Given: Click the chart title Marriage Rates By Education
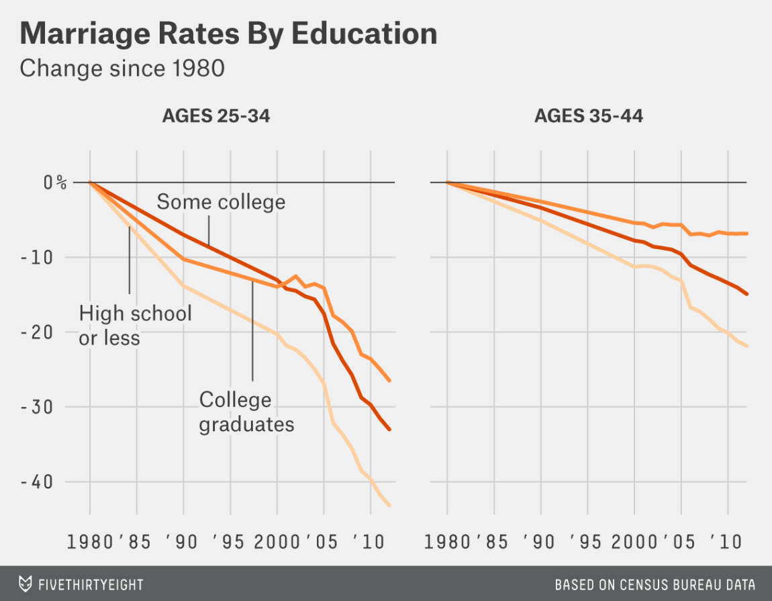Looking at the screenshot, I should (x=228, y=33).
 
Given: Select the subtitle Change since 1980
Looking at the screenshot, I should (x=122, y=68).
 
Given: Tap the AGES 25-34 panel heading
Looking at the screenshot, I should (x=215, y=116).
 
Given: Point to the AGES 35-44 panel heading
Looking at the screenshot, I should (x=588, y=116).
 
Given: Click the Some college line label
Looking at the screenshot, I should (x=221, y=202).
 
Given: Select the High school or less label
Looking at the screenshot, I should (x=135, y=325).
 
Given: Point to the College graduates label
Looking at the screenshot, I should (x=246, y=412).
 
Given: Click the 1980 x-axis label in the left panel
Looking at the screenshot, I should (x=90, y=541).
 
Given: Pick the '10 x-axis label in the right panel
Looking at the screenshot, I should (x=725, y=541).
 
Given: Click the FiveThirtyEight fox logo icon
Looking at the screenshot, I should (x=26, y=584).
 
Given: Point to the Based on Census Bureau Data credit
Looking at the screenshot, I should (x=655, y=584).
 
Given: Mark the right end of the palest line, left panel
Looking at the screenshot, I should (x=390, y=506).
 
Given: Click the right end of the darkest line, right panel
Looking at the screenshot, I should (x=747, y=294).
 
